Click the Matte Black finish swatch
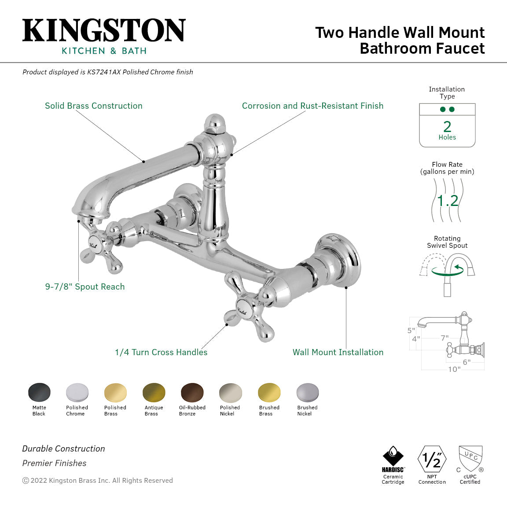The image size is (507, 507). pos(39,392)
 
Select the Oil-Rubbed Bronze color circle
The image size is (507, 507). pos(192,392)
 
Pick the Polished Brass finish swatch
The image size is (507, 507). pos(115,392)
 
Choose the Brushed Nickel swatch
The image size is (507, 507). pos(307,392)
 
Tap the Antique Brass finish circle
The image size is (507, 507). pos(154,392)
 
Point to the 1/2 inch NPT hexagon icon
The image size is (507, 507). pos(432,459)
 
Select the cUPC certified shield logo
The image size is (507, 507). pos(470,459)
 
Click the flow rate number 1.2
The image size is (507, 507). pos(448,201)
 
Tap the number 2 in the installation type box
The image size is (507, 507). pos(447,127)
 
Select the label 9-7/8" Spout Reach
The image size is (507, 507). pos(85,287)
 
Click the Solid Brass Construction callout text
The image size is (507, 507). pos(94,106)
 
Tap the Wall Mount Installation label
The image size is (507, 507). pos(338,352)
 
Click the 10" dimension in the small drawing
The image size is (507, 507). pos(454,369)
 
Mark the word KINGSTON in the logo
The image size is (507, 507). pos(104,31)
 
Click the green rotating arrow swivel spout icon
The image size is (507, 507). pos(447,270)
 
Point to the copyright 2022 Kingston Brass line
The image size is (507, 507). pos(98,481)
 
